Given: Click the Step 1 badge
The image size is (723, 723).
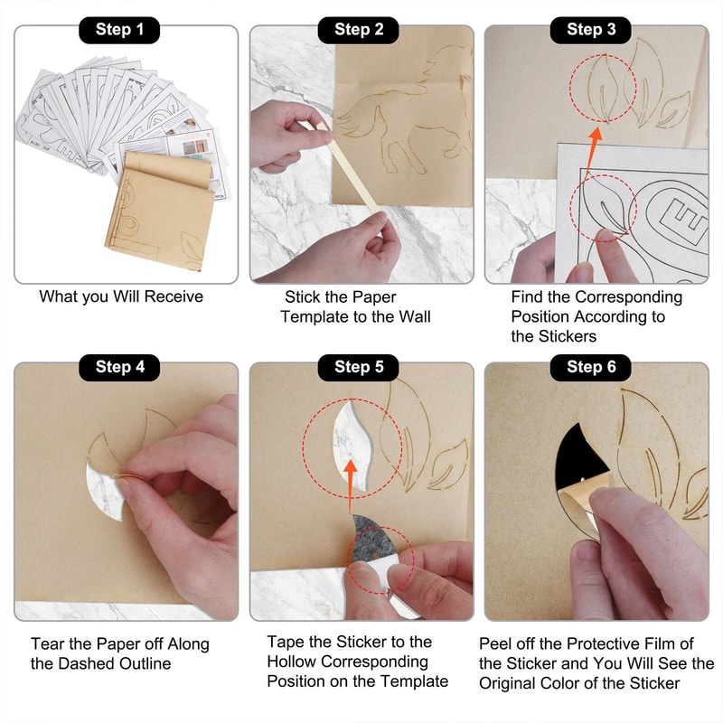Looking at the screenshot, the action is pos(119,30).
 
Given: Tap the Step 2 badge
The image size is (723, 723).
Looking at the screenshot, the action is pos(358,30).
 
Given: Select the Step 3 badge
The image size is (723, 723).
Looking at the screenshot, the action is pos(591,30).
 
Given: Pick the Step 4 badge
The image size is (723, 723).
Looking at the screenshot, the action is pos(119,368).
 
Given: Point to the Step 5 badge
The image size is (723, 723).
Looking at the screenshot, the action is pos(358,368).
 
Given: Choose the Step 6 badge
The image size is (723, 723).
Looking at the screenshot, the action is pos(591,368).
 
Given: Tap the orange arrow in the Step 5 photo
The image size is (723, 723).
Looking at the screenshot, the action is pos(351,485).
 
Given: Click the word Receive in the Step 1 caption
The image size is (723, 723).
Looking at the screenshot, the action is pos(174,296).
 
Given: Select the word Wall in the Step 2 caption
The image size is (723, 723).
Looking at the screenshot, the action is pos(415,317).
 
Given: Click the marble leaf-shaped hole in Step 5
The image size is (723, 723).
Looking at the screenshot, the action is pos(352,445).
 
